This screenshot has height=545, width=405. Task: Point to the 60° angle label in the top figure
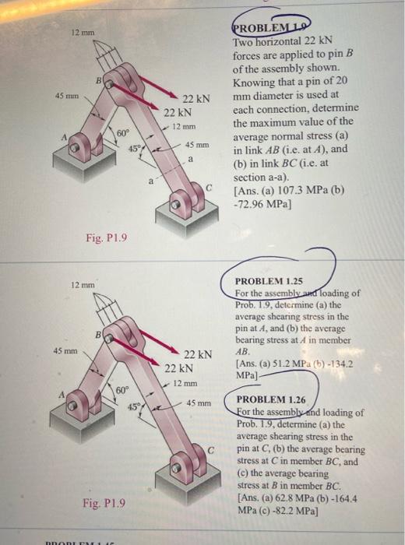(123, 135)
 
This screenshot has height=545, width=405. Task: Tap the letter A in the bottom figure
(53, 393)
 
